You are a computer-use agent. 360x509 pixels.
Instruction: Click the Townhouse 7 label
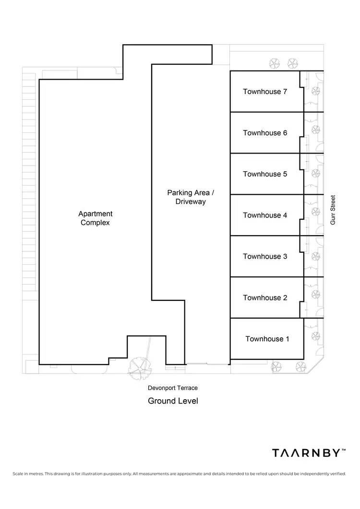click(265, 92)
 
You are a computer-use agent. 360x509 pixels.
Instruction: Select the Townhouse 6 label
click(265, 133)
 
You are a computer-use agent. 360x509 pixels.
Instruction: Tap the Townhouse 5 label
click(265, 174)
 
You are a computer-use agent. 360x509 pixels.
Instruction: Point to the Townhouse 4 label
click(265, 215)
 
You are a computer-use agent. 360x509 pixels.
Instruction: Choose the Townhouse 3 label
click(265, 257)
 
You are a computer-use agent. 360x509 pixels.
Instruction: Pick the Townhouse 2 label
click(265, 298)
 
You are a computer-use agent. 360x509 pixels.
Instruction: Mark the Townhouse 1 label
click(267, 339)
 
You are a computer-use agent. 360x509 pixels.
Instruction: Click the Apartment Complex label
click(96, 218)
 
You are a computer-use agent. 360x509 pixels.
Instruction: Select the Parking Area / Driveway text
click(191, 197)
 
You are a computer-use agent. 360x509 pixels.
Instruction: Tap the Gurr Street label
click(333, 210)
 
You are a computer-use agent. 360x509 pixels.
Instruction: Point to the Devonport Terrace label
click(172, 388)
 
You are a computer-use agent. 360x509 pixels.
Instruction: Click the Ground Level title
click(173, 401)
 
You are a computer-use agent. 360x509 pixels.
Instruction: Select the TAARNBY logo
click(308, 453)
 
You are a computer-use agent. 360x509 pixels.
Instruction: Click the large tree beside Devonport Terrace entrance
click(141, 367)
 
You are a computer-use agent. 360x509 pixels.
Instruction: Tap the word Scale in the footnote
click(20, 474)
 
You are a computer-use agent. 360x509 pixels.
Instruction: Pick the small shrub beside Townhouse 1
click(315, 336)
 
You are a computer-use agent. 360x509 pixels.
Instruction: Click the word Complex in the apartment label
click(96, 223)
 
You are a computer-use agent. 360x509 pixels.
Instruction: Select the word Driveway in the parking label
click(191, 202)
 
